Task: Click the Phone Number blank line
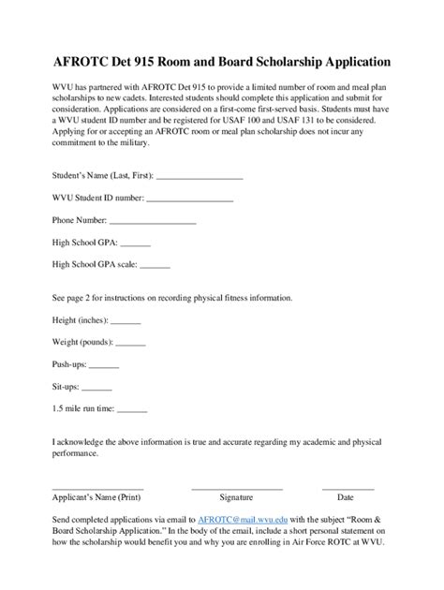coord(153,222)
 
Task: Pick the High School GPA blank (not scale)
coord(123,244)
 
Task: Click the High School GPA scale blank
coord(155,267)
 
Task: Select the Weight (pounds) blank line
coord(130,344)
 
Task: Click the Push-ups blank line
coord(104,365)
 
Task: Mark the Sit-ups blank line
coord(97,388)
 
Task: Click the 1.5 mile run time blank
coord(133,409)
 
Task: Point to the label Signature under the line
coord(236,498)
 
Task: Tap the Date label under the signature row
coord(346,498)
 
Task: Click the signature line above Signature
coord(236,488)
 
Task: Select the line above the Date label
coord(348,488)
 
